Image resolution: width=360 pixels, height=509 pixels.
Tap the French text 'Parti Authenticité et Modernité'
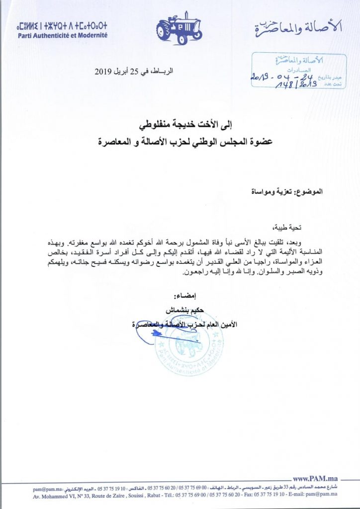click(62, 36)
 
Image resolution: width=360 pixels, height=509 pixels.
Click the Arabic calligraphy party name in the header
click(298, 29)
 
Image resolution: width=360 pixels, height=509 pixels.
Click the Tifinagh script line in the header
click(62, 25)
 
